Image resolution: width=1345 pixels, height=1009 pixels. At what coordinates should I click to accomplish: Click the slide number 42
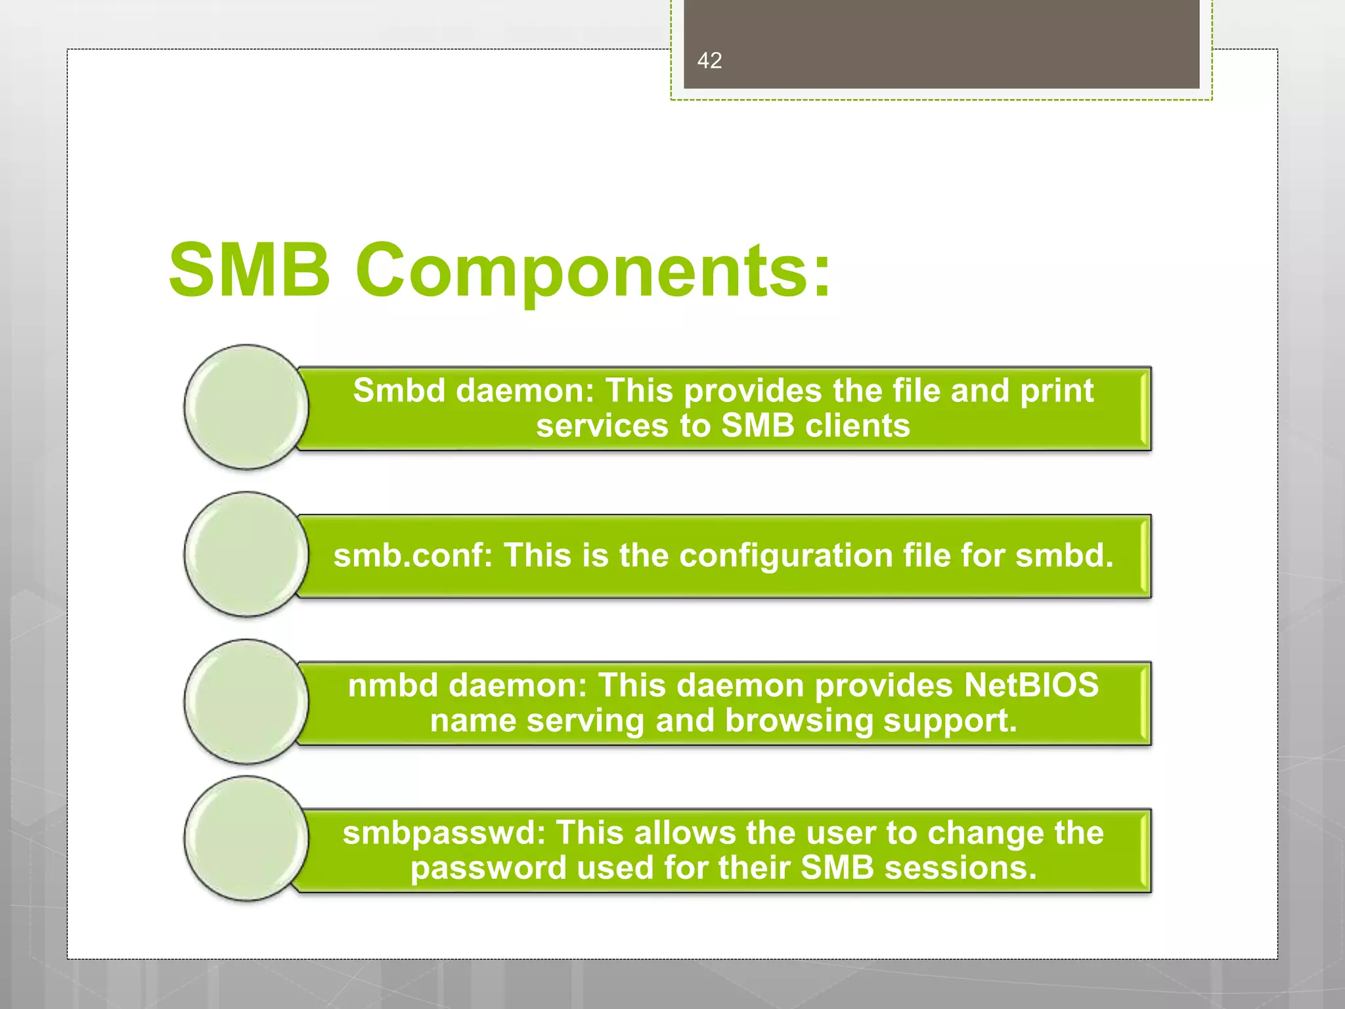709,60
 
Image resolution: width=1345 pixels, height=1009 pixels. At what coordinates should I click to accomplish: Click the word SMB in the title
249,270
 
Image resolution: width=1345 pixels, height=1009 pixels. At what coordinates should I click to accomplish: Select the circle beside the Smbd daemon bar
246,407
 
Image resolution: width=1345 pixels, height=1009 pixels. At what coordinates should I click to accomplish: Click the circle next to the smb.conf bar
246,554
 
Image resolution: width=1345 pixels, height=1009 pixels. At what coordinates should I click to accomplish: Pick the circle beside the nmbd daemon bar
246,702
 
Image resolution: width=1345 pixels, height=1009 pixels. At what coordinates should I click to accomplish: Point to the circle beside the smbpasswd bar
246,839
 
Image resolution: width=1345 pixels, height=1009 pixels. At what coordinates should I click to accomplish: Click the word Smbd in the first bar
399,391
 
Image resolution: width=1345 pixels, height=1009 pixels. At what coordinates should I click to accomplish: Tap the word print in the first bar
1057,391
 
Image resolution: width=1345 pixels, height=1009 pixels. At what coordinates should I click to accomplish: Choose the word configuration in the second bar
786,556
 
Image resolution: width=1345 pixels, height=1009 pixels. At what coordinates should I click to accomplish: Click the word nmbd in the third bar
393,686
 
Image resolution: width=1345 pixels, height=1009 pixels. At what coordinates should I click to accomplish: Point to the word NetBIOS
1031,686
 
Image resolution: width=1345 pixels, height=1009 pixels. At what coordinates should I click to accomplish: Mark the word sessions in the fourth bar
961,868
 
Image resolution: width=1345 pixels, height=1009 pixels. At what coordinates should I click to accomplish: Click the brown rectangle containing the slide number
941,44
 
